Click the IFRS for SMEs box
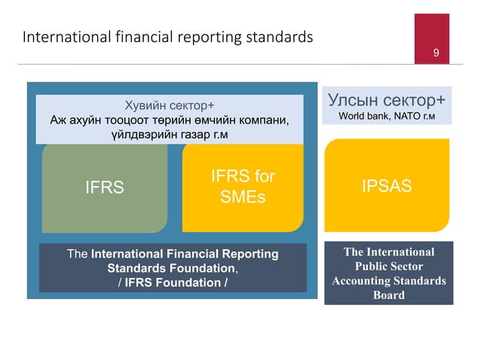click(x=242, y=188)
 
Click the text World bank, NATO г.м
click(x=387, y=117)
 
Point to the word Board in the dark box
click(x=388, y=294)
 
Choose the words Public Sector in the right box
click(x=388, y=267)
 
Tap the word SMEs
click(x=242, y=197)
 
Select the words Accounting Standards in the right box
click(x=388, y=281)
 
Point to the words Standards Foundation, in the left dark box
click(x=173, y=268)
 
